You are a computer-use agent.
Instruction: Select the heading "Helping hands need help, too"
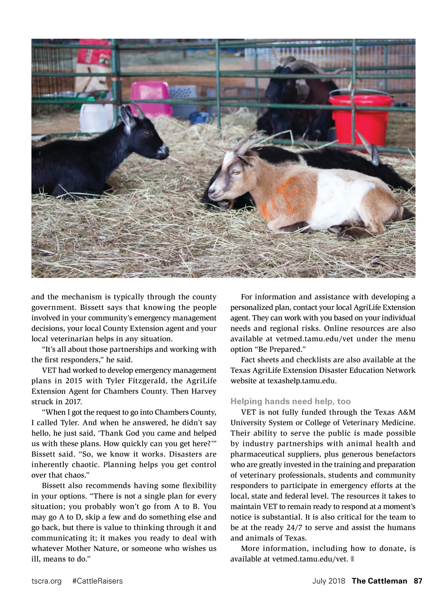[291, 401]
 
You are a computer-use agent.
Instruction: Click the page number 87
[418, 581]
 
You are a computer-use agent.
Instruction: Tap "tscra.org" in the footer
[46, 581]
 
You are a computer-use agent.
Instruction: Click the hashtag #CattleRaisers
[97, 581]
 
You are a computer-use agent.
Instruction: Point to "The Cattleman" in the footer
[379, 581]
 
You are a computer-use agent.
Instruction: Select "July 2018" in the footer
[329, 581]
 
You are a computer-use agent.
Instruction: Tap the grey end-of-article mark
[352, 559]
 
